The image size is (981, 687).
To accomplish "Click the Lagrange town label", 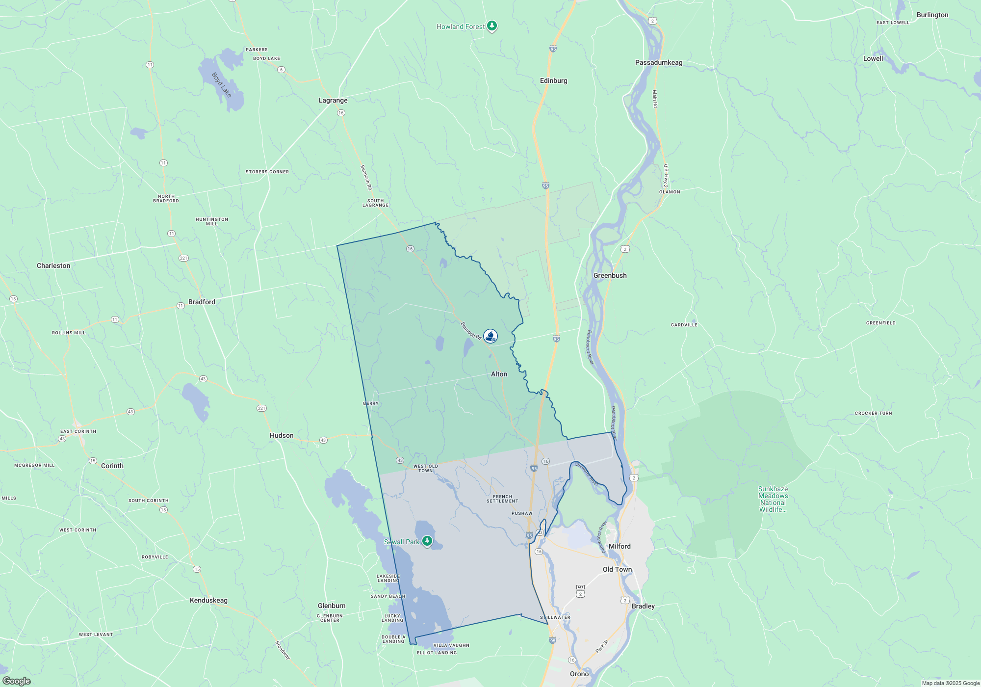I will tap(333, 100).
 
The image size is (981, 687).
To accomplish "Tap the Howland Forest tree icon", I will tap(492, 26).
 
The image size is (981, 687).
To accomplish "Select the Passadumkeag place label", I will tap(658, 62).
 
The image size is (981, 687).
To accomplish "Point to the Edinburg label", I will tap(553, 80).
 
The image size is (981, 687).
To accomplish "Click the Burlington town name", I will tap(932, 15).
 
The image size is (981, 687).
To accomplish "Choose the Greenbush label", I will tap(610, 275).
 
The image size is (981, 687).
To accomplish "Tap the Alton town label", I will tap(499, 374).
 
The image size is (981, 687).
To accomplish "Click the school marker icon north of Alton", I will tap(490, 336).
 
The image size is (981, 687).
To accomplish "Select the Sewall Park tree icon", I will tap(427, 541).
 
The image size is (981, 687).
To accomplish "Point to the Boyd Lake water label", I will tap(222, 84).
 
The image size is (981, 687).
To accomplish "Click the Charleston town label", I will tap(53, 265).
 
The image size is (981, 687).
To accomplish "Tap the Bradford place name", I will tap(202, 302).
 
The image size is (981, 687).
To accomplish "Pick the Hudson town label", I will tap(282, 435).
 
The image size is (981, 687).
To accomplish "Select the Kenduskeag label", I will tap(208, 600).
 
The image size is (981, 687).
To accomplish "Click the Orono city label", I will tap(579, 674).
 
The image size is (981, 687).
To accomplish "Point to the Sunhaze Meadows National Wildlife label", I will tap(773, 499).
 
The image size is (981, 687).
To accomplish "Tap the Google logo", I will tap(16, 681).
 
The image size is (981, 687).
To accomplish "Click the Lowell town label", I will tap(873, 58).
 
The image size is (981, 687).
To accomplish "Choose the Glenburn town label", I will tap(332, 606).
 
